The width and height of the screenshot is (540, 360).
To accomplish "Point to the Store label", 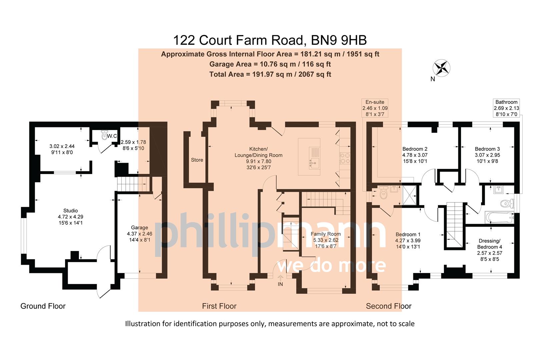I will [197, 160].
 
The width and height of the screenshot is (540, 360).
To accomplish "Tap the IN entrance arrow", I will [280, 280].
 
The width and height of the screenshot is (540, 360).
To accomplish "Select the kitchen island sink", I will [314, 163].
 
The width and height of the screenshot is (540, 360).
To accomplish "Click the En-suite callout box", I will [375, 108].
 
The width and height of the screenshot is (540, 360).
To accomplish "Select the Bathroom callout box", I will [506, 108].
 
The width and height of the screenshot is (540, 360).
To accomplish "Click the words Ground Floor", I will [43, 306].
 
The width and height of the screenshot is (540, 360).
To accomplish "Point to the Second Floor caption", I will [389, 306].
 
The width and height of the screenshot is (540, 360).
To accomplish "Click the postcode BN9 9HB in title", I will [339, 40].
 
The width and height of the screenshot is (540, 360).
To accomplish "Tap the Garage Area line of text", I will [270, 64].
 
